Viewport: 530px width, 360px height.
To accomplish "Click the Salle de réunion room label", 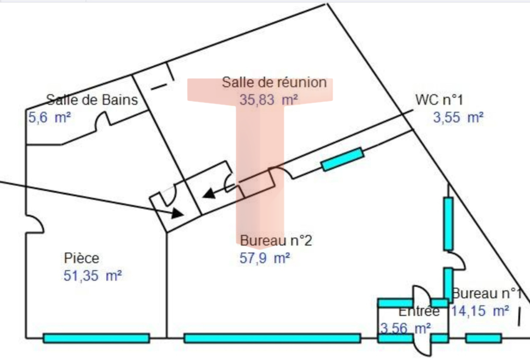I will pyautogui.click(x=274, y=82).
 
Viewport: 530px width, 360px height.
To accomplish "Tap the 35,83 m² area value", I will pyautogui.click(x=268, y=100).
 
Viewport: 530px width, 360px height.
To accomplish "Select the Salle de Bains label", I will pyautogui.click(x=92, y=100).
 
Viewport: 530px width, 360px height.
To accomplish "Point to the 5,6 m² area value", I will pyautogui.click(x=49, y=118).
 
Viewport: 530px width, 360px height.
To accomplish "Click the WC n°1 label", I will pyautogui.click(x=439, y=100).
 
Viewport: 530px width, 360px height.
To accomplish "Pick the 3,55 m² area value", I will pyautogui.click(x=458, y=118).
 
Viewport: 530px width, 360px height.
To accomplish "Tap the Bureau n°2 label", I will pyautogui.click(x=276, y=241).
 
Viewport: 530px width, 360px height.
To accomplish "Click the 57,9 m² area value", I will pyautogui.click(x=264, y=258).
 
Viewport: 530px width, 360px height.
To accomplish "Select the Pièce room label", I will pyautogui.click(x=82, y=258).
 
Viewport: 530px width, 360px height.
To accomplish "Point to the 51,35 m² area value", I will pyautogui.click(x=93, y=276).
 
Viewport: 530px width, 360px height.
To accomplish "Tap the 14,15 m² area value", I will pyautogui.click(x=480, y=311).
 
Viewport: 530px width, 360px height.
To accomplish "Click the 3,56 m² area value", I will pyautogui.click(x=405, y=329).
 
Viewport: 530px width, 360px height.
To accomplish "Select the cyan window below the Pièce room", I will pyautogui.click(x=96, y=338).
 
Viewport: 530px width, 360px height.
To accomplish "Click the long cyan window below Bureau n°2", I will pyautogui.click(x=272, y=338).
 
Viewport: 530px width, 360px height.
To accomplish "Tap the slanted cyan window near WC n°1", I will pyautogui.click(x=342, y=159).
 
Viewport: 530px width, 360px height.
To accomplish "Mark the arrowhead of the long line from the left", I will pyautogui.click(x=177, y=214).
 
